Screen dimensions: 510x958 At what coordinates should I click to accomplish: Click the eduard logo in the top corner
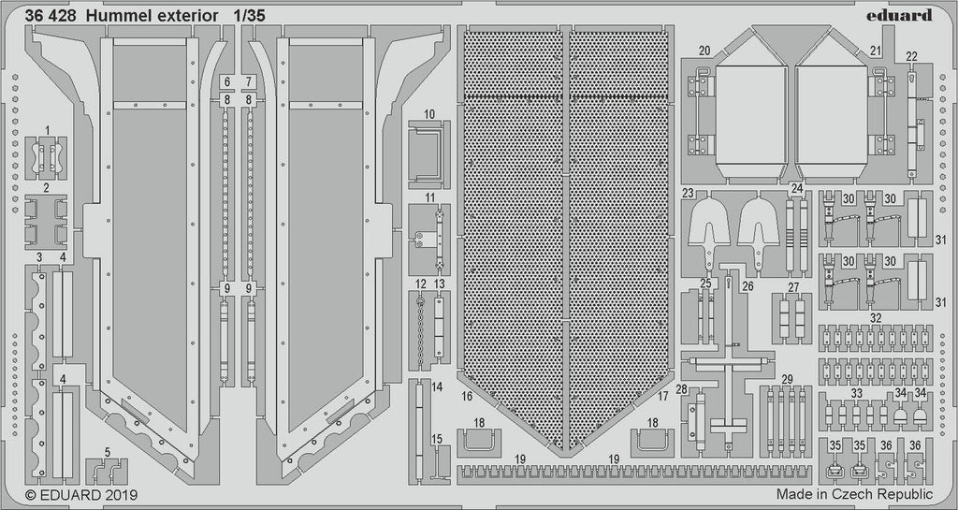901,15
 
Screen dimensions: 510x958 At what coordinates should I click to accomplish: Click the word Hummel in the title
123,16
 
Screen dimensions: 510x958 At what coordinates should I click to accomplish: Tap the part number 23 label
688,194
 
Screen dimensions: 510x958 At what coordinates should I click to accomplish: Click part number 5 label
108,451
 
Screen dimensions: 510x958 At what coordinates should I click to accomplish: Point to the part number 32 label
875,318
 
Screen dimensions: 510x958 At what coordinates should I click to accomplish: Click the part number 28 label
682,388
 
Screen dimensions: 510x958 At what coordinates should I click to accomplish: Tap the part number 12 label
421,284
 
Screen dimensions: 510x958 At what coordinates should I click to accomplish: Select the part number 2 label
45,187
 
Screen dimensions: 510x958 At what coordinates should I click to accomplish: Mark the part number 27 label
793,287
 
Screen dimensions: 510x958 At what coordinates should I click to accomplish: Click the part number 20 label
704,49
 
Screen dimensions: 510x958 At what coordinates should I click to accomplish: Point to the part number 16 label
465,397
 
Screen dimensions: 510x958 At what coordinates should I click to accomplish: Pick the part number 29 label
787,378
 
